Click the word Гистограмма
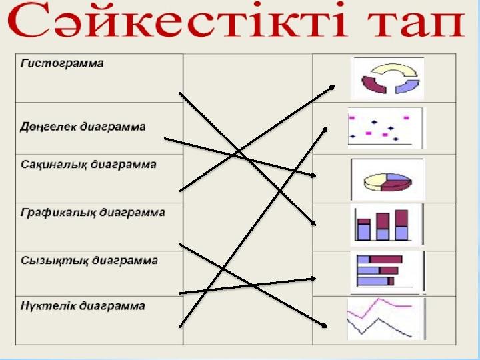(62, 63)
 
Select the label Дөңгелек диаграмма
(83, 127)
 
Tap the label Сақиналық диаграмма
(89, 165)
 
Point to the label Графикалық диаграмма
(93, 213)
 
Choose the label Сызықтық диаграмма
(89, 261)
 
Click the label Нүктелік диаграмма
(83, 306)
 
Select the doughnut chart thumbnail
(389, 79)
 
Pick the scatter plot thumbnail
(386, 128)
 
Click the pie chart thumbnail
(387, 179)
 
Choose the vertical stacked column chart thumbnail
(387, 225)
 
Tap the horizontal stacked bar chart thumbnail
(387, 273)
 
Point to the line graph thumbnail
(386, 319)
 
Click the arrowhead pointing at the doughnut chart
(332, 87)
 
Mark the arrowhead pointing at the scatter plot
(325, 130)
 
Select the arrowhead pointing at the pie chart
(313, 175)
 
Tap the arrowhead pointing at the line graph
(325, 326)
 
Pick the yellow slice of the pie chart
(374, 181)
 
